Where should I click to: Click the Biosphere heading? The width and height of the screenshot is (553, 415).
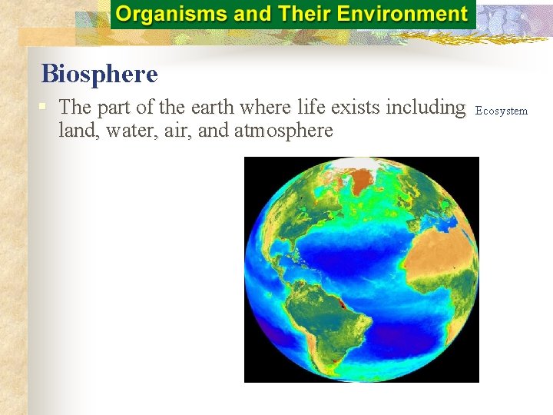[99, 74]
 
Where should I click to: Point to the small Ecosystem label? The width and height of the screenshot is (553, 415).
[502, 111]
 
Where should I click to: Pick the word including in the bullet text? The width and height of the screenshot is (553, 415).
[426, 107]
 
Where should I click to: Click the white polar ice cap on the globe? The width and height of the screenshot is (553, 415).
[367, 164]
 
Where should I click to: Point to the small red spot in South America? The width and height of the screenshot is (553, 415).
[342, 305]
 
